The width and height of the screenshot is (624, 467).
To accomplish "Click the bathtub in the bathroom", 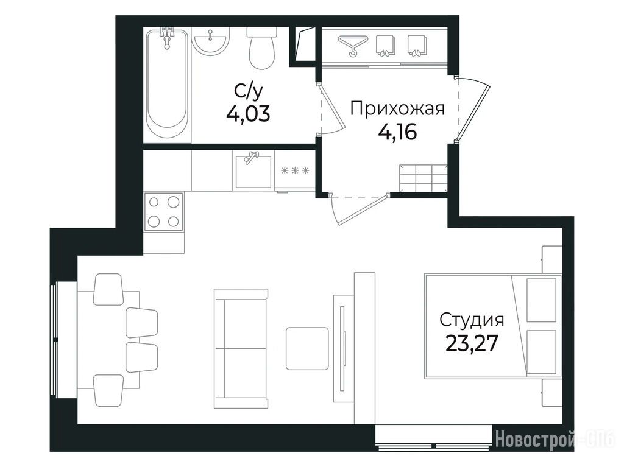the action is [x=167, y=85].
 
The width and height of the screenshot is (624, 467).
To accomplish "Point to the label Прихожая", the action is [x=397, y=108].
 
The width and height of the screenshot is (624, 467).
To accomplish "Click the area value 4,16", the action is [x=397, y=132].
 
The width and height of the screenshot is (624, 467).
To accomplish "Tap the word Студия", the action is [x=472, y=320].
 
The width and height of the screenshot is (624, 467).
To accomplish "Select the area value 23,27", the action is [x=472, y=343].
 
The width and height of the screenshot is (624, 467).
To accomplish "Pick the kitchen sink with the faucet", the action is [x=253, y=170].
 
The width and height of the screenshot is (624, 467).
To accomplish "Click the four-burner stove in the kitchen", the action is [x=163, y=212].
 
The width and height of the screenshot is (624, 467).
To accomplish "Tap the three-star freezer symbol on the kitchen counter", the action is [x=294, y=170].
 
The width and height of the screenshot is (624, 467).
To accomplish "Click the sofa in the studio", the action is [x=240, y=348].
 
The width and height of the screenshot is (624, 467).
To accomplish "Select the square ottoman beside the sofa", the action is [x=307, y=348].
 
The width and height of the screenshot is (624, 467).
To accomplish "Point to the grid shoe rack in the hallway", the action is [x=424, y=178].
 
